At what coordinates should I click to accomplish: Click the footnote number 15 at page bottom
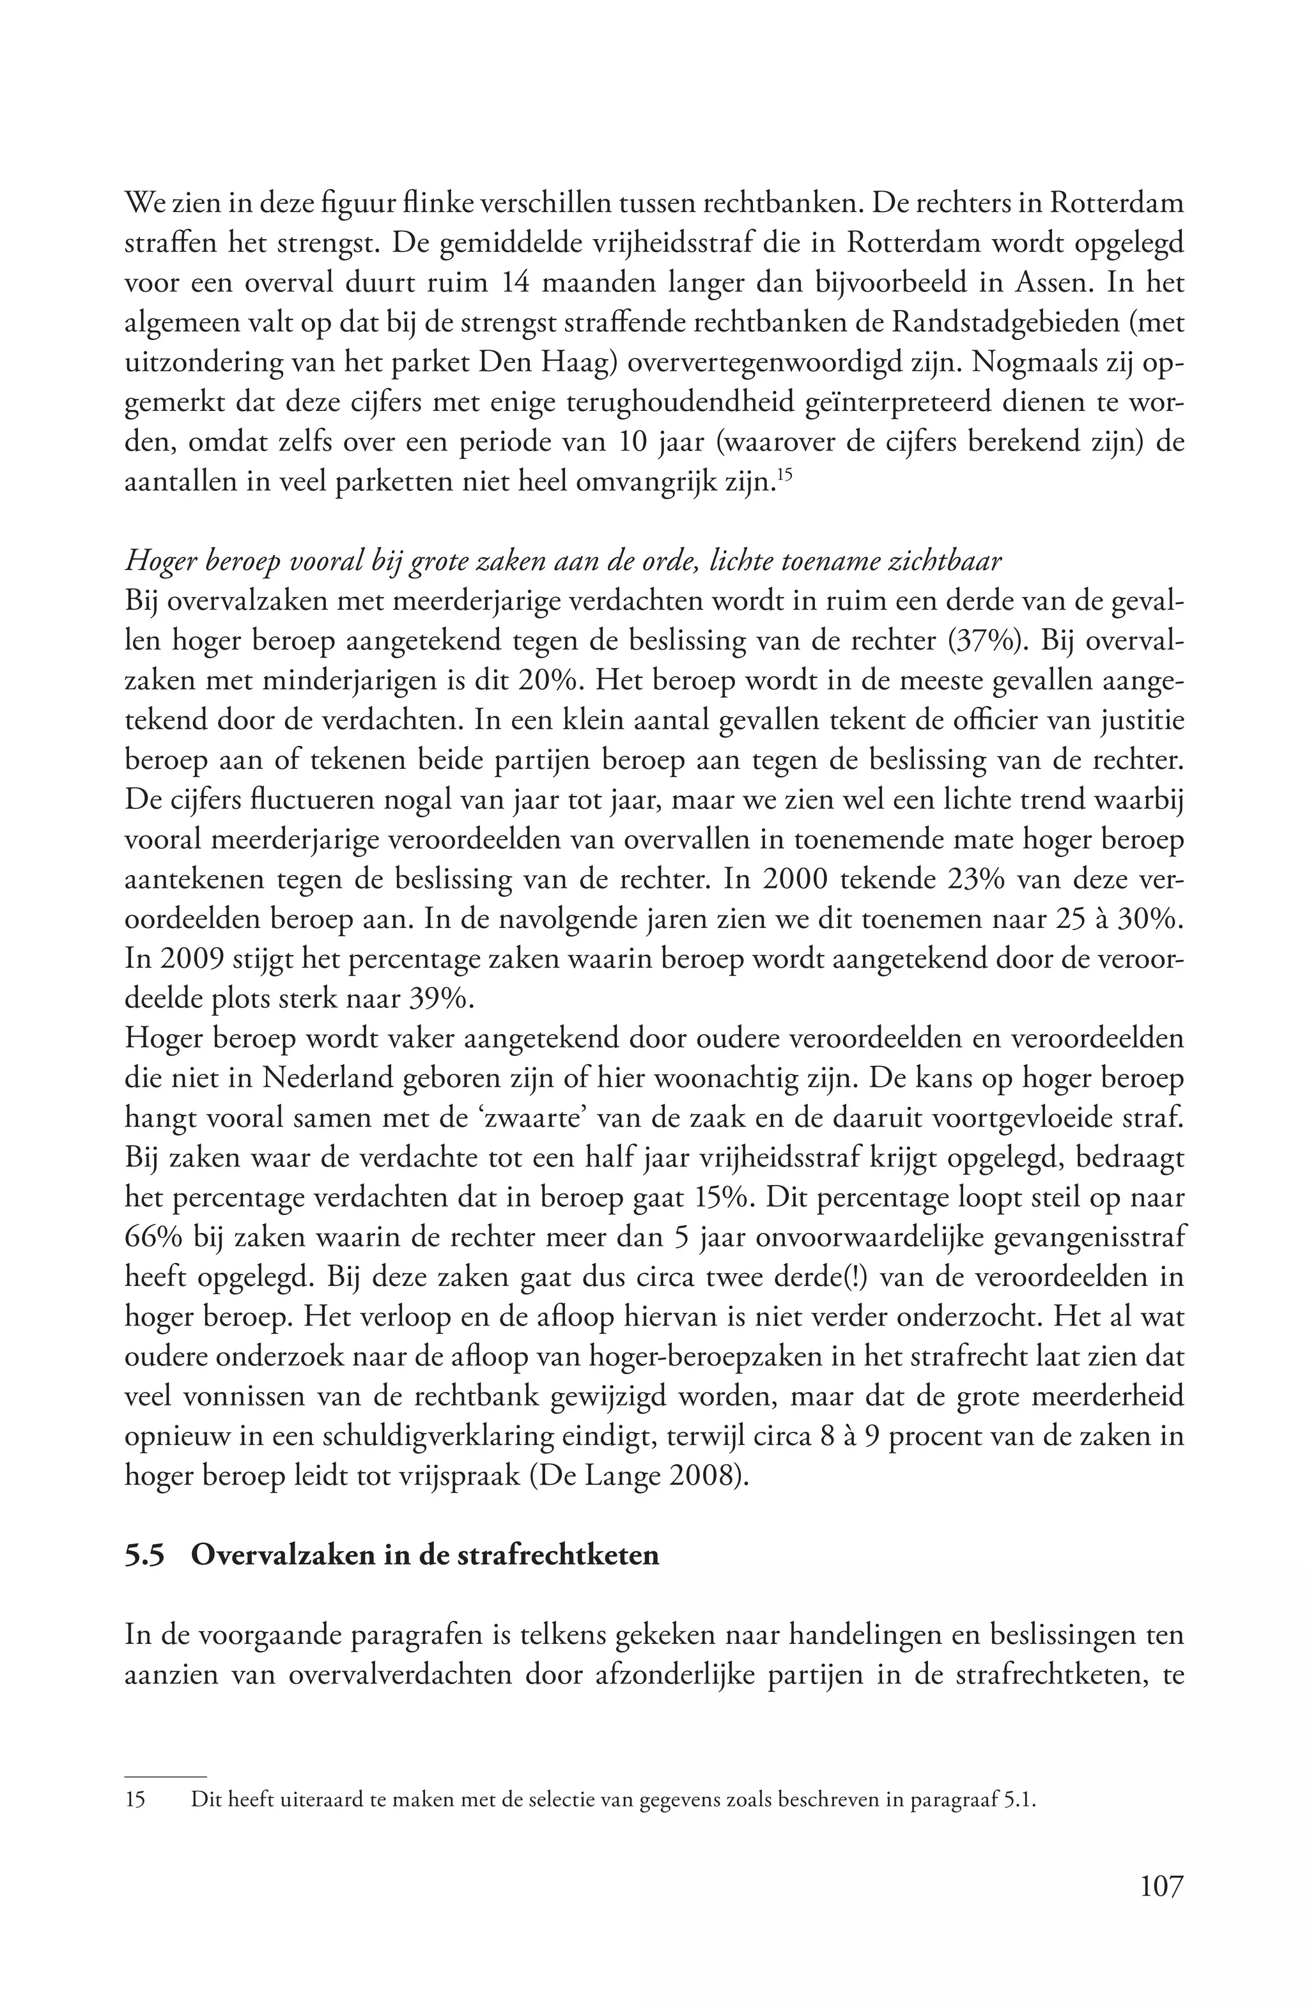click(135, 1801)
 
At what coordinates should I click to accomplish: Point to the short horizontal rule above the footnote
click(165, 1775)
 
